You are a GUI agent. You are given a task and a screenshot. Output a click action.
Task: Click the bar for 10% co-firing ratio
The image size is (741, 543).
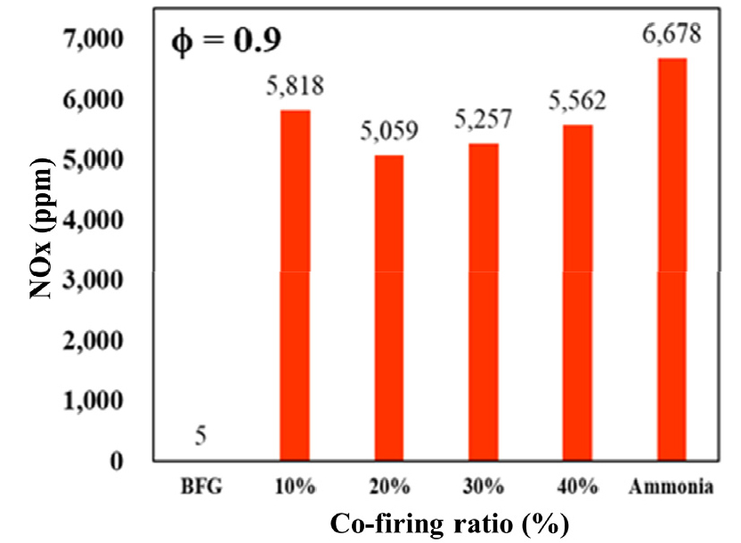[295, 285]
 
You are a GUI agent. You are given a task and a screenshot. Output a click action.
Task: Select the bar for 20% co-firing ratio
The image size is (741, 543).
[388, 307]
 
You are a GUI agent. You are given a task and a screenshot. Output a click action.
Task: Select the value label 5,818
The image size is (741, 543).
[295, 87]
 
